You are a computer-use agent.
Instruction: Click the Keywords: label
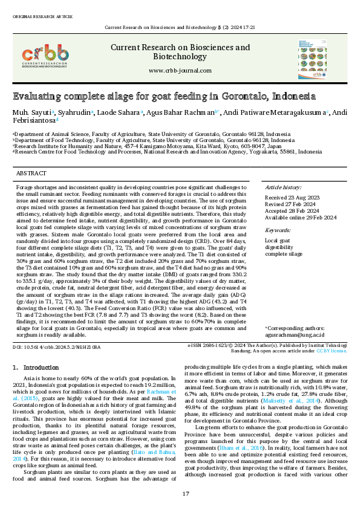pyautogui.click(x=278, y=230)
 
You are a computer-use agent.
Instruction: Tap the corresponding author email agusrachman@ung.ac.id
pyautogui.click(x=295, y=334)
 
